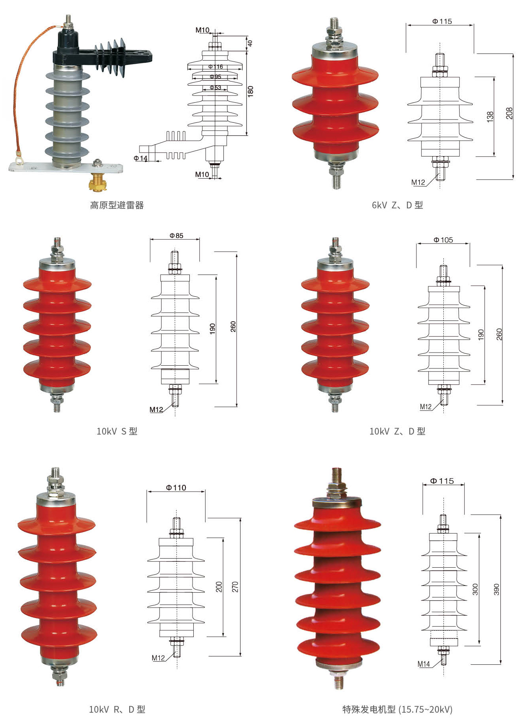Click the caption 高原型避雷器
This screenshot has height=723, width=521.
pos(117,205)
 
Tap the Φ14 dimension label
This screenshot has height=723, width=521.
pos(141,158)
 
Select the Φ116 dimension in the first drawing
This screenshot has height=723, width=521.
pos(216,67)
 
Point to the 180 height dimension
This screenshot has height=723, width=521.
pos(250,91)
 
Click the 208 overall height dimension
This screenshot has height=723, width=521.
pos(510,113)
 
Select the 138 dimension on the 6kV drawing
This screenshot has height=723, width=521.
pos(490,116)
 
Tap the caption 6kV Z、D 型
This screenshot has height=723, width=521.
pos(397,205)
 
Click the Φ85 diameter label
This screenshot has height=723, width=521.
pos(176,236)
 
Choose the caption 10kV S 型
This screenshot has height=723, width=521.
pos(117,431)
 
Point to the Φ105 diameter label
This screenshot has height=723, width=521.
pos(443,240)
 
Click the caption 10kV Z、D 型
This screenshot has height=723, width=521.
pos(397,431)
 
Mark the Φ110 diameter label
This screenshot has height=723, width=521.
pos(176,488)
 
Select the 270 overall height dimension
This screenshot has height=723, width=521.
pos(235,587)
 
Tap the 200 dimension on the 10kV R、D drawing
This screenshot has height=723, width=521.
pos(219,587)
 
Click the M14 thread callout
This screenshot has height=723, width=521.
pos(424,664)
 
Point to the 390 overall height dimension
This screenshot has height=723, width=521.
pos(496,589)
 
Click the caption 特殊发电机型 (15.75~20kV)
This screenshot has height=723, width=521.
pos(397,709)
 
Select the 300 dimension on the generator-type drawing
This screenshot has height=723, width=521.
pos(475,589)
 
